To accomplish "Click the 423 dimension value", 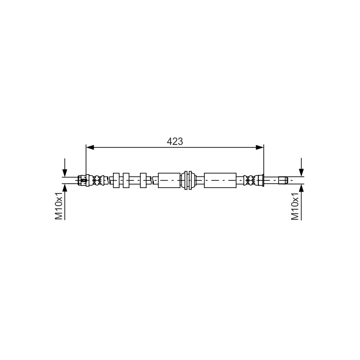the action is (x=175, y=141).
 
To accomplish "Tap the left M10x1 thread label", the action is (x=59, y=206).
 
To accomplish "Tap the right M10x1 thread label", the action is (x=295, y=206).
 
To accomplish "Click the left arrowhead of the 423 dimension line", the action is (x=90, y=148).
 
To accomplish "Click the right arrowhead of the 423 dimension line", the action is (x=260, y=148).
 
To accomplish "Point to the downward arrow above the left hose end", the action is (x=65, y=167).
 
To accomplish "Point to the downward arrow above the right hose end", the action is (x=301, y=167).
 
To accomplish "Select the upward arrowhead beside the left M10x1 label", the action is (x=65, y=188).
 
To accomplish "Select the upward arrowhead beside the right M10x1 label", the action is (x=301, y=188).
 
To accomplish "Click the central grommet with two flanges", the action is (x=188, y=180).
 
